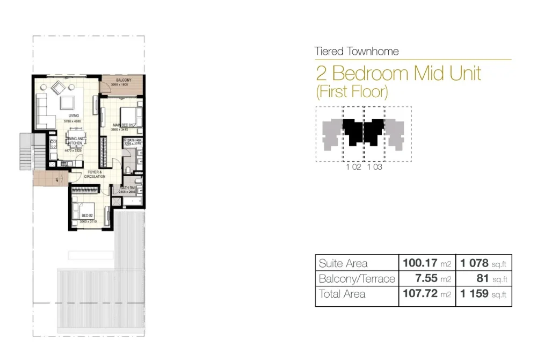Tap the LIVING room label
(x=74, y=116)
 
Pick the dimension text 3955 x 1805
(x=121, y=85)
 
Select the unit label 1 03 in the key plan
(x=374, y=167)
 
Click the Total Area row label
(x=342, y=294)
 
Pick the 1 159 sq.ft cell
(x=484, y=294)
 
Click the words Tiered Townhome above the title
(x=357, y=52)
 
